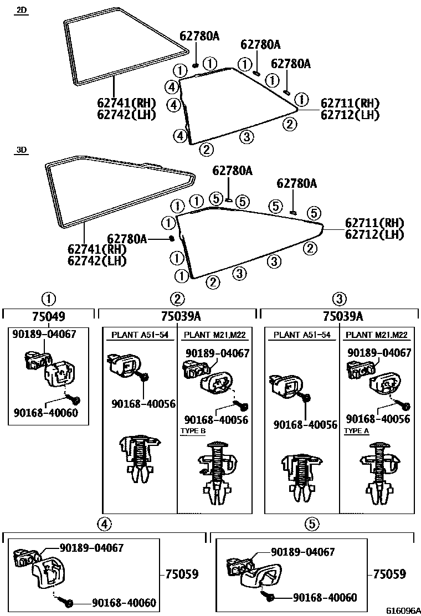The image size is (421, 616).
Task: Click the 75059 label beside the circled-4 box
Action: pyautogui.click(x=182, y=574)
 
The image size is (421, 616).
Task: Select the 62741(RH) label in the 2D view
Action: pyautogui.click(x=126, y=102)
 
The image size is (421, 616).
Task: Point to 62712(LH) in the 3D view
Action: pyautogui.click(x=374, y=234)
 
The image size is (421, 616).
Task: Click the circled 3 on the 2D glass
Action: pyautogui.click(x=247, y=136)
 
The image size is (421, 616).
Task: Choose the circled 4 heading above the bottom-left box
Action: pyautogui.click(x=104, y=523)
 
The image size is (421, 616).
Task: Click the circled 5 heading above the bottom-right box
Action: pyautogui.click(x=312, y=523)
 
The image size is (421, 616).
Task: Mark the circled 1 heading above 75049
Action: pyautogui.click(x=49, y=300)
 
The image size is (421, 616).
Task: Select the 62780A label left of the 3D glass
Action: pyautogui.click(x=127, y=238)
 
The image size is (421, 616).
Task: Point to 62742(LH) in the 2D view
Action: pyautogui.click(x=126, y=115)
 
